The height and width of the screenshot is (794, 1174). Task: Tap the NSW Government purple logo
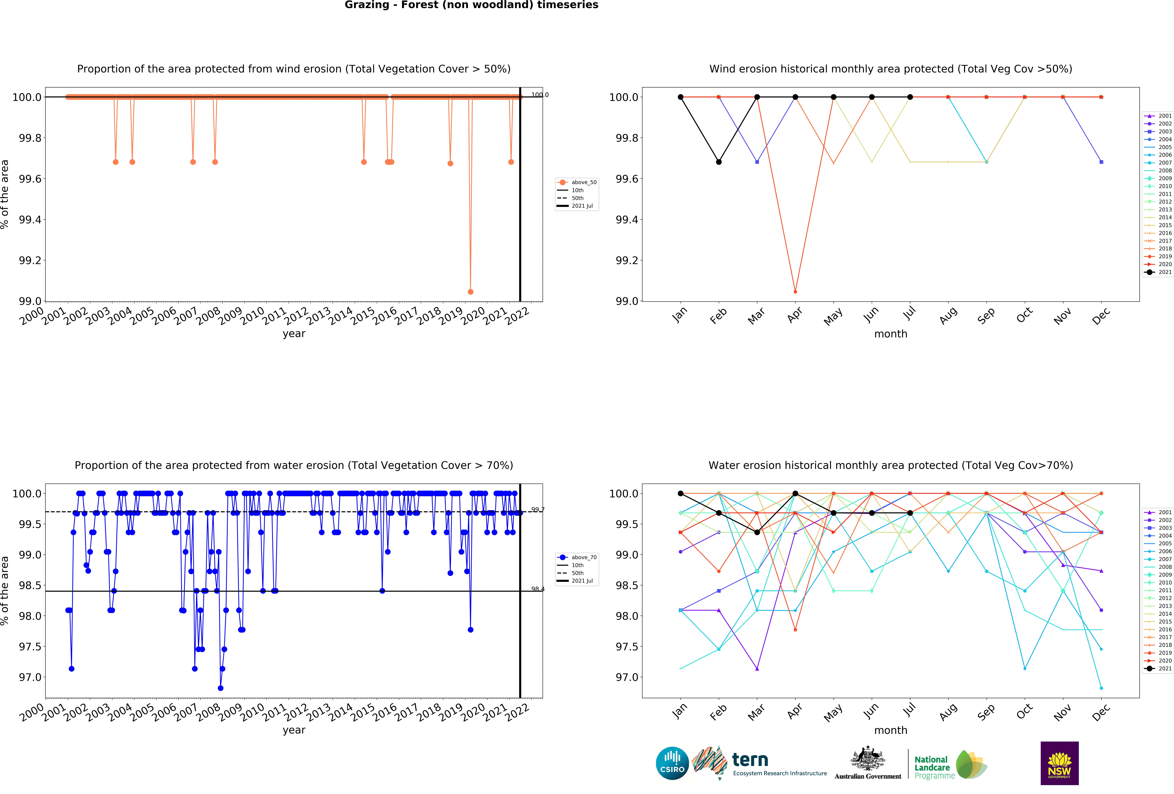(1059, 763)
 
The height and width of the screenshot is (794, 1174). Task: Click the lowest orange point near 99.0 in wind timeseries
(470, 292)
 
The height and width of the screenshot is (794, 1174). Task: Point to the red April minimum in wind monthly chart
(795, 292)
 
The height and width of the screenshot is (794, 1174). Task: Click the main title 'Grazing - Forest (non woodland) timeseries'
(471, 5)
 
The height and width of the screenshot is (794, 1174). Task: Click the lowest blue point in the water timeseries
(220, 688)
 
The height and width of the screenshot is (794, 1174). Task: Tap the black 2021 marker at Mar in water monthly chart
(757, 532)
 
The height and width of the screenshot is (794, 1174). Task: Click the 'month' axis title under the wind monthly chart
(891, 334)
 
